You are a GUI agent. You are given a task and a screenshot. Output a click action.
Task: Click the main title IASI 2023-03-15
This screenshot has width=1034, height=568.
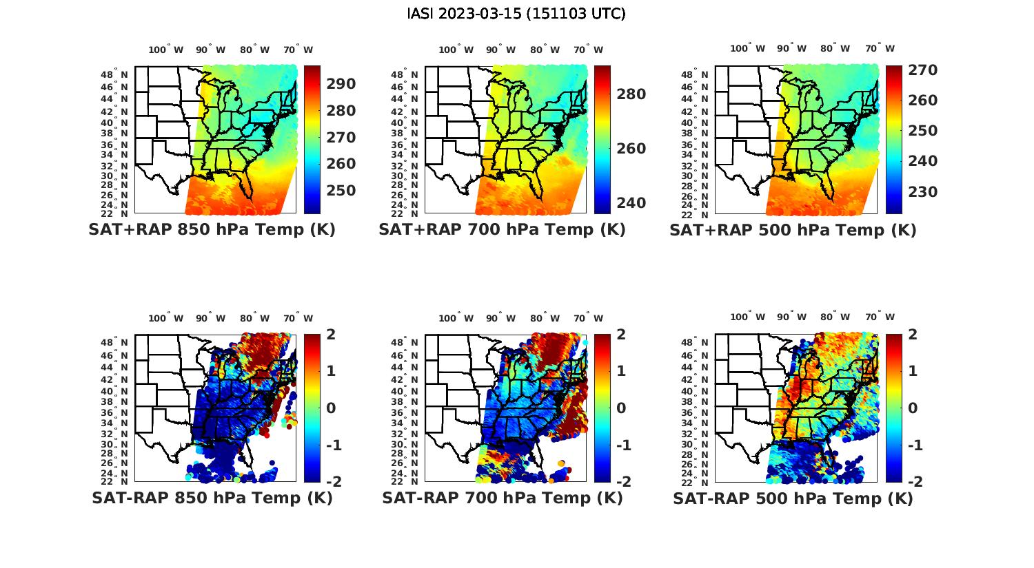516,14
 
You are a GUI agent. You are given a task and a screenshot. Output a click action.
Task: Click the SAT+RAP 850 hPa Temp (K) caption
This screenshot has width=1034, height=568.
212,230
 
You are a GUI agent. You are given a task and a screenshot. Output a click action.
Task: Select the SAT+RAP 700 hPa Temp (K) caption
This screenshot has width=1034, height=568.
502,230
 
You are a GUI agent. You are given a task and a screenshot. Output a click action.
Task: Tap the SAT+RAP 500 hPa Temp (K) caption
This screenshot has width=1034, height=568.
793,231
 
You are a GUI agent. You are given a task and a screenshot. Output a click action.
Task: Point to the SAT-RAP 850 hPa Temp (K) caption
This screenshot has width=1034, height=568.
212,498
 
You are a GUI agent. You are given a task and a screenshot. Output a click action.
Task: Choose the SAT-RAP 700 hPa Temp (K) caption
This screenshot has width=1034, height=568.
502,498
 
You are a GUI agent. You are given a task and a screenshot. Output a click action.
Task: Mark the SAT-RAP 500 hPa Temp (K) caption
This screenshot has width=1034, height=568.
793,498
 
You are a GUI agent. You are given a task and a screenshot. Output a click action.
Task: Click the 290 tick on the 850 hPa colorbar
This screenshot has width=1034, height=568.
342,84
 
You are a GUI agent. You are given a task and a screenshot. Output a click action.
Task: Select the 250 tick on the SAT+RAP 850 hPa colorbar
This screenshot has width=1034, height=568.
342,191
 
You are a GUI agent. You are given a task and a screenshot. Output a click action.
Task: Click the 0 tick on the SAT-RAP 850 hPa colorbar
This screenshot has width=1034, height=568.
332,408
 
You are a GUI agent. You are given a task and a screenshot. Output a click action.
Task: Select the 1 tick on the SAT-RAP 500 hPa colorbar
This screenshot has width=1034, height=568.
913,371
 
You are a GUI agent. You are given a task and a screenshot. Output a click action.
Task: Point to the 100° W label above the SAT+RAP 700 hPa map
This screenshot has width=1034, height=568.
456,50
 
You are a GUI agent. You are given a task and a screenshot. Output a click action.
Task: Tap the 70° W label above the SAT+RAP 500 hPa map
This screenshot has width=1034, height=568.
880,48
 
